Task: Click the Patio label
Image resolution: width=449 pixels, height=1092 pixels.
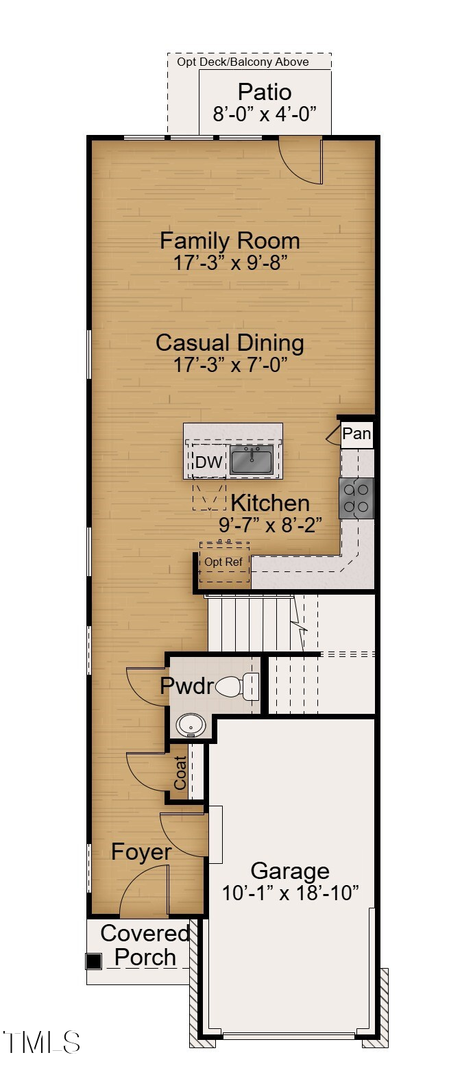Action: (x=265, y=92)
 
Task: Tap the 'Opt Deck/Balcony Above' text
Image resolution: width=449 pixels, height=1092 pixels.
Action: (x=243, y=62)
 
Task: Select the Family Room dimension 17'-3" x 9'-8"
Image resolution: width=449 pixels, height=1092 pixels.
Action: (x=230, y=263)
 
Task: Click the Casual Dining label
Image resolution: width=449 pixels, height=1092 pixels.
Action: (x=230, y=343)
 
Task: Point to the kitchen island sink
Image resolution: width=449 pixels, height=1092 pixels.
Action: (x=252, y=460)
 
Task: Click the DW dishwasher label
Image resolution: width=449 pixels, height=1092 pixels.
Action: (x=209, y=462)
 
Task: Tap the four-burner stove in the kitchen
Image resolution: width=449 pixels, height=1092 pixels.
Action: (x=356, y=498)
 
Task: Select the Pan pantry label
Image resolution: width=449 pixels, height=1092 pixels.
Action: (x=356, y=434)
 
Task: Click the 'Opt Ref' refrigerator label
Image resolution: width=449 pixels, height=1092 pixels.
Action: (x=223, y=562)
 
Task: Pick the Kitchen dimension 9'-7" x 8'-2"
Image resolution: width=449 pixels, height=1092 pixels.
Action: (x=270, y=525)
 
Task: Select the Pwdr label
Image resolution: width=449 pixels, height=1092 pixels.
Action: (x=187, y=686)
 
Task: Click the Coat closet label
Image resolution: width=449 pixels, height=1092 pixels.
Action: (x=180, y=773)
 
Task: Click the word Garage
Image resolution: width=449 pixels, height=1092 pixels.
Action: (x=290, y=871)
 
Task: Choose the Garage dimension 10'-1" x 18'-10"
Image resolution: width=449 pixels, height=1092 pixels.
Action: (x=291, y=893)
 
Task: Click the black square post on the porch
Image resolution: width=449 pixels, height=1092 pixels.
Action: (x=93, y=961)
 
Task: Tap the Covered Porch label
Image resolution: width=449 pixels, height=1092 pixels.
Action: (x=145, y=945)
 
